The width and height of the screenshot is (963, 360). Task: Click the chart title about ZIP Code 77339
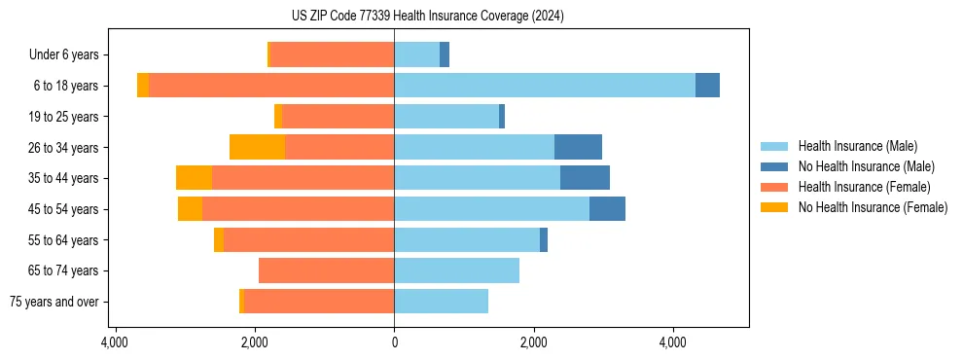tap(427, 16)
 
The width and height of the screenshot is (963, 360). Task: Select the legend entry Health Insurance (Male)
tap(857, 146)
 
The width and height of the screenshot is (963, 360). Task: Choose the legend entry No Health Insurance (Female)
tap(873, 207)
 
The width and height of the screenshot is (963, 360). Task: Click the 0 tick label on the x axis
tap(394, 342)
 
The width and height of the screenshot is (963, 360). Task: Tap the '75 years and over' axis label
tap(53, 302)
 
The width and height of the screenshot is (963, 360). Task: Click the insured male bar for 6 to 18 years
tap(545, 86)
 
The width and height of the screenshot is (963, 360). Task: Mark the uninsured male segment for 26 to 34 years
tap(578, 147)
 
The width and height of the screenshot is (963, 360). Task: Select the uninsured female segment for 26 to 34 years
tap(257, 147)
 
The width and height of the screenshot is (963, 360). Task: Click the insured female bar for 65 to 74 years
tap(326, 270)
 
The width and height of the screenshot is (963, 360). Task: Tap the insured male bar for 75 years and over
tap(441, 302)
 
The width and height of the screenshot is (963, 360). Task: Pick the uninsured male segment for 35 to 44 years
tap(585, 178)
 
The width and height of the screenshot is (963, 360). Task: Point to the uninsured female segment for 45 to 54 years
tap(190, 209)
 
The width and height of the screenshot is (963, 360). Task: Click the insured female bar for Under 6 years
tap(332, 55)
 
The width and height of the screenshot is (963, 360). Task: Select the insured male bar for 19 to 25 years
tap(446, 117)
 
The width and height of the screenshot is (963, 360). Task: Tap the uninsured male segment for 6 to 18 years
tap(707, 86)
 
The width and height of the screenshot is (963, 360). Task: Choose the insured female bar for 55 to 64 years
tap(308, 239)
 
